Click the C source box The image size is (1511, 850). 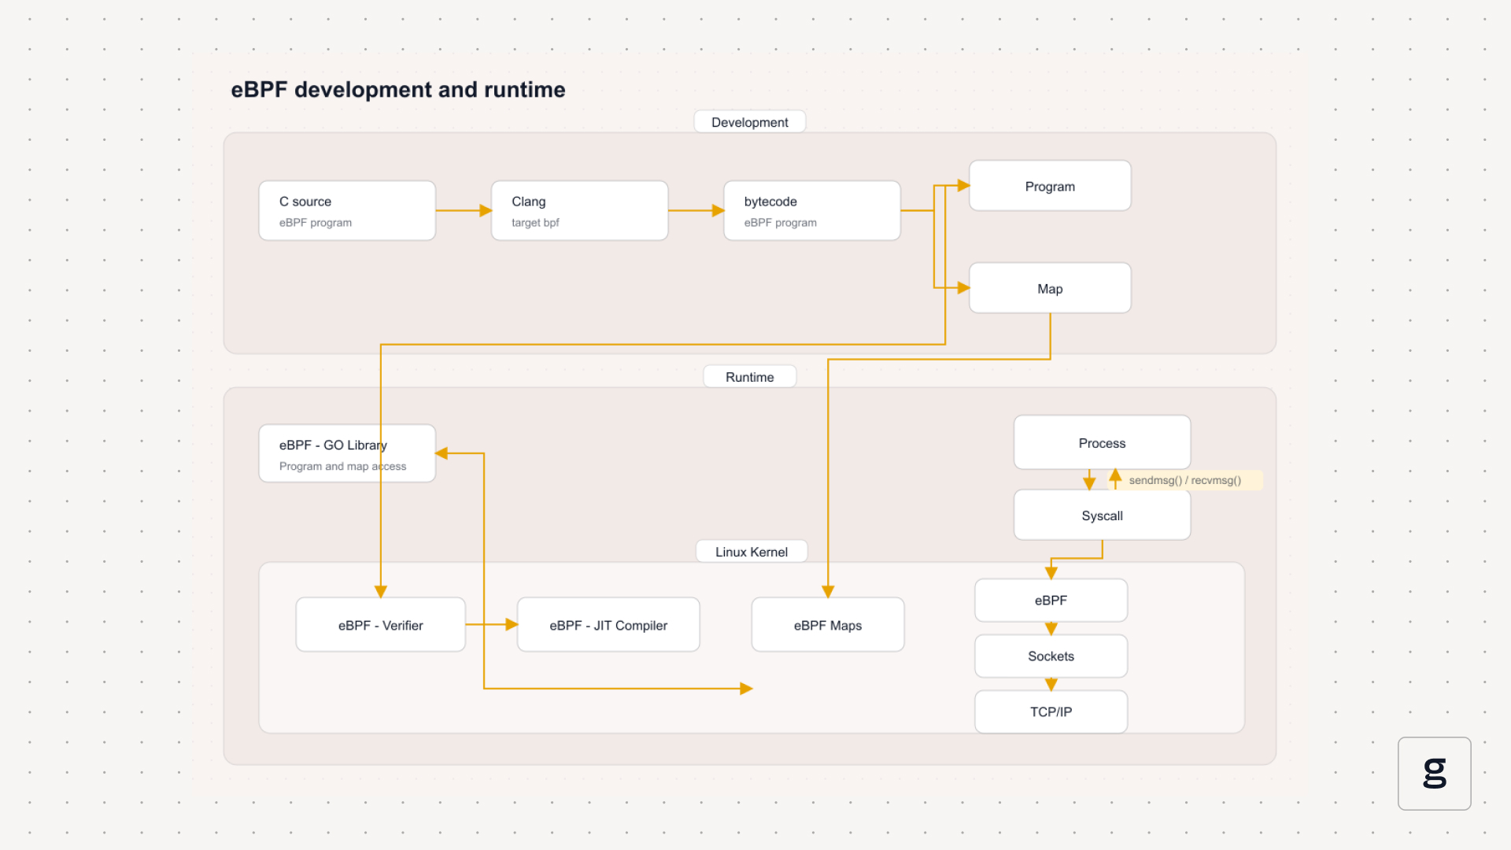(347, 211)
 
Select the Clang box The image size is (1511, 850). (580, 211)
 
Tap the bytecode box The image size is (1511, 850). (812, 211)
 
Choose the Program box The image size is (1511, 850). (1050, 186)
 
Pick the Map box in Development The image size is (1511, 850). (1050, 288)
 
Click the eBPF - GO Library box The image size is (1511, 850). (347, 453)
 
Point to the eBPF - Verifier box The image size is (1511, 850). (381, 625)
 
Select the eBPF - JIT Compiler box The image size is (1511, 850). (608, 625)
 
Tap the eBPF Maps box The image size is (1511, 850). (828, 625)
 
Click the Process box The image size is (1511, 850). (1102, 442)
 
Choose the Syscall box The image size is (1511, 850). (1102, 516)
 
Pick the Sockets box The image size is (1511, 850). (1051, 656)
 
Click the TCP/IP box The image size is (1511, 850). (1051, 712)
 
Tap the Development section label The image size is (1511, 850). (750, 122)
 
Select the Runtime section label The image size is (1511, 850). (750, 377)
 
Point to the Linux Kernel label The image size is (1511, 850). (752, 552)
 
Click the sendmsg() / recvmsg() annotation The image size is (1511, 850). (1185, 480)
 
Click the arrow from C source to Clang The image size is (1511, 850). (464, 211)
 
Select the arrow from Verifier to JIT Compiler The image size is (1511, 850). (492, 625)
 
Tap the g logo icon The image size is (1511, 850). (1435, 774)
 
